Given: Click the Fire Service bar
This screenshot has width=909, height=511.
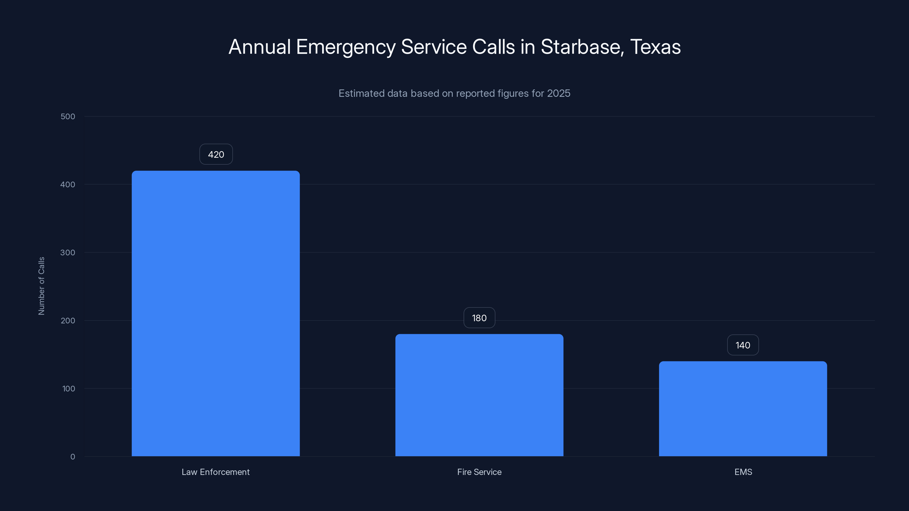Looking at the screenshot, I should pos(479,395).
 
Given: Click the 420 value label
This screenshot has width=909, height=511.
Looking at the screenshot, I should pos(216,154).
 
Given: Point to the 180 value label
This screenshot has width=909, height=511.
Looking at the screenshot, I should pos(479,318).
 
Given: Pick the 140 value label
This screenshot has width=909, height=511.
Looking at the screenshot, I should pos(743,345).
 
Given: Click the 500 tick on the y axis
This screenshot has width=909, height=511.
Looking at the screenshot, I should pos(68,116).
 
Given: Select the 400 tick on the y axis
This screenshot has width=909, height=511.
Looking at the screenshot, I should pos(68,185).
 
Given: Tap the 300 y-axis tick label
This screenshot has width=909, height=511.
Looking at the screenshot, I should pos(68,252).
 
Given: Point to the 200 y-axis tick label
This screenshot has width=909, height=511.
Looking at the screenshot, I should pos(68,321).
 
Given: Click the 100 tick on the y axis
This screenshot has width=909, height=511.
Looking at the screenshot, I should pos(68,389).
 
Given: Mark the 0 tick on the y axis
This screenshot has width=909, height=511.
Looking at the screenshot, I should pos(73,457).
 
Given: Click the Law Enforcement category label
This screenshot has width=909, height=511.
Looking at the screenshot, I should pos(216,472).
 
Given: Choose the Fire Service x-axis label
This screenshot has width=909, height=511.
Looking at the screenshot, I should pos(479,472).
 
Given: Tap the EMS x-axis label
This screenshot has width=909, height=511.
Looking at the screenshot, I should pos(743,472).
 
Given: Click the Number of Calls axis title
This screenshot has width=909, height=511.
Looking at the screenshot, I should pos(41,286).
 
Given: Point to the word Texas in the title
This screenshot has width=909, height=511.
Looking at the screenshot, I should pos(655,47).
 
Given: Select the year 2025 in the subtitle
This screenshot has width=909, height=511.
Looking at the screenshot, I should pos(558,93).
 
